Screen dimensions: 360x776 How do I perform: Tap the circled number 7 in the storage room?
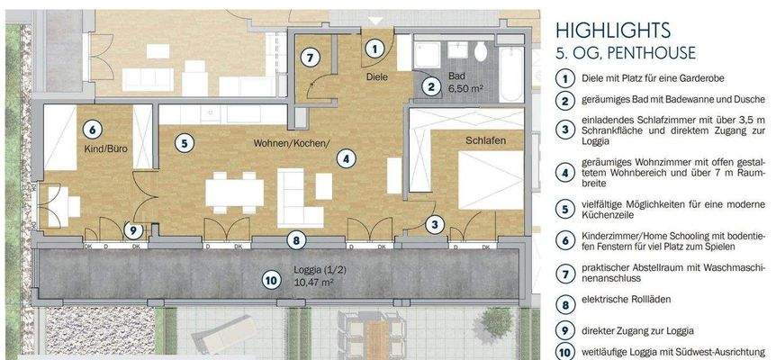310,57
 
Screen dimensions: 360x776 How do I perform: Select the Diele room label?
376,77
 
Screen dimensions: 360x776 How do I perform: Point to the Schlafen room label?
485,141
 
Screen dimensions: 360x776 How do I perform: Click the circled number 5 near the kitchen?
183,142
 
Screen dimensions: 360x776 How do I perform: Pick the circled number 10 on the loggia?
271,280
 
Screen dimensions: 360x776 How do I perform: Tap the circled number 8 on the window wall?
295,239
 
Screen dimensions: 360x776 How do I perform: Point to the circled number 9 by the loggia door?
133,231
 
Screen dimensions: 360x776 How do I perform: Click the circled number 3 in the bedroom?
435,225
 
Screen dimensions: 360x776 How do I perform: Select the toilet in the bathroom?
483,49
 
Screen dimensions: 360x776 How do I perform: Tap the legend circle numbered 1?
564,78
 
